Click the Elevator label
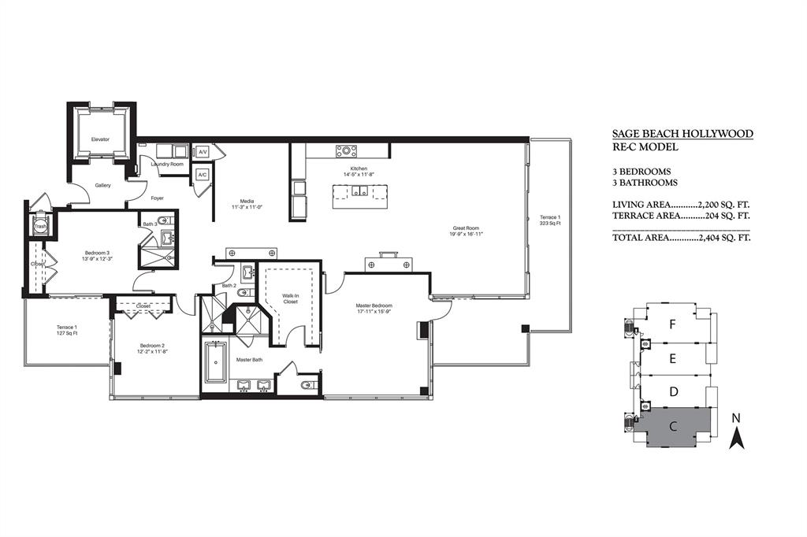coord(100,139)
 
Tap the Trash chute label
coord(40,226)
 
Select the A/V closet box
coord(202,151)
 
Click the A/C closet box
coord(202,175)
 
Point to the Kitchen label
coord(359,169)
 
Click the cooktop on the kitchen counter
coord(346,151)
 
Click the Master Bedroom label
coord(374,305)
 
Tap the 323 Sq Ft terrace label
coord(550,220)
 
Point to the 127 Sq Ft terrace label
coord(66,330)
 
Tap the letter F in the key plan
coord(671,324)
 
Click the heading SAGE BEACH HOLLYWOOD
coord(682,134)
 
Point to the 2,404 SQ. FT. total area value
coord(723,237)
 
